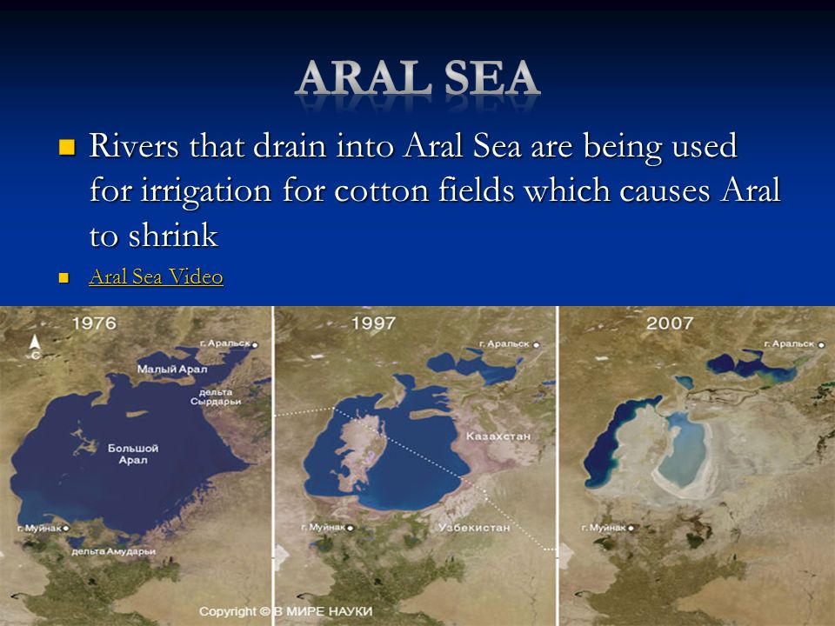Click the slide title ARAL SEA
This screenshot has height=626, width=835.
[x=417, y=77]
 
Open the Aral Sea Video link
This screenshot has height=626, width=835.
[x=156, y=276]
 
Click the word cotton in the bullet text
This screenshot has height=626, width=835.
[x=381, y=190]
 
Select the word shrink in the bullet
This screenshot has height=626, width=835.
[x=173, y=236]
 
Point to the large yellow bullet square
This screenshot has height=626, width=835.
[x=67, y=147]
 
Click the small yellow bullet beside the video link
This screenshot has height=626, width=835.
[x=63, y=277]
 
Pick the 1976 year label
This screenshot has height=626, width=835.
[x=94, y=323]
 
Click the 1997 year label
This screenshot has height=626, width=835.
[x=373, y=323]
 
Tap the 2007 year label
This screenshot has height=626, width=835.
[x=670, y=323]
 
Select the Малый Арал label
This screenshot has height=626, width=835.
[x=172, y=369]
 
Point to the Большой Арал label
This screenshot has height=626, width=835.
[x=133, y=454]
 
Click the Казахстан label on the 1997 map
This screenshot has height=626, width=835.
[x=498, y=436]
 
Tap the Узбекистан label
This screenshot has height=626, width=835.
[x=474, y=528]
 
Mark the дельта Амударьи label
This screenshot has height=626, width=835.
[x=113, y=551]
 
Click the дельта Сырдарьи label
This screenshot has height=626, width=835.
[x=216, y=396]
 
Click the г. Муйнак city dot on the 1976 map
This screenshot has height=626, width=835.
[x=66, y=529]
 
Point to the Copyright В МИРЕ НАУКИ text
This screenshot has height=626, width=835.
[x=285, y=611]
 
